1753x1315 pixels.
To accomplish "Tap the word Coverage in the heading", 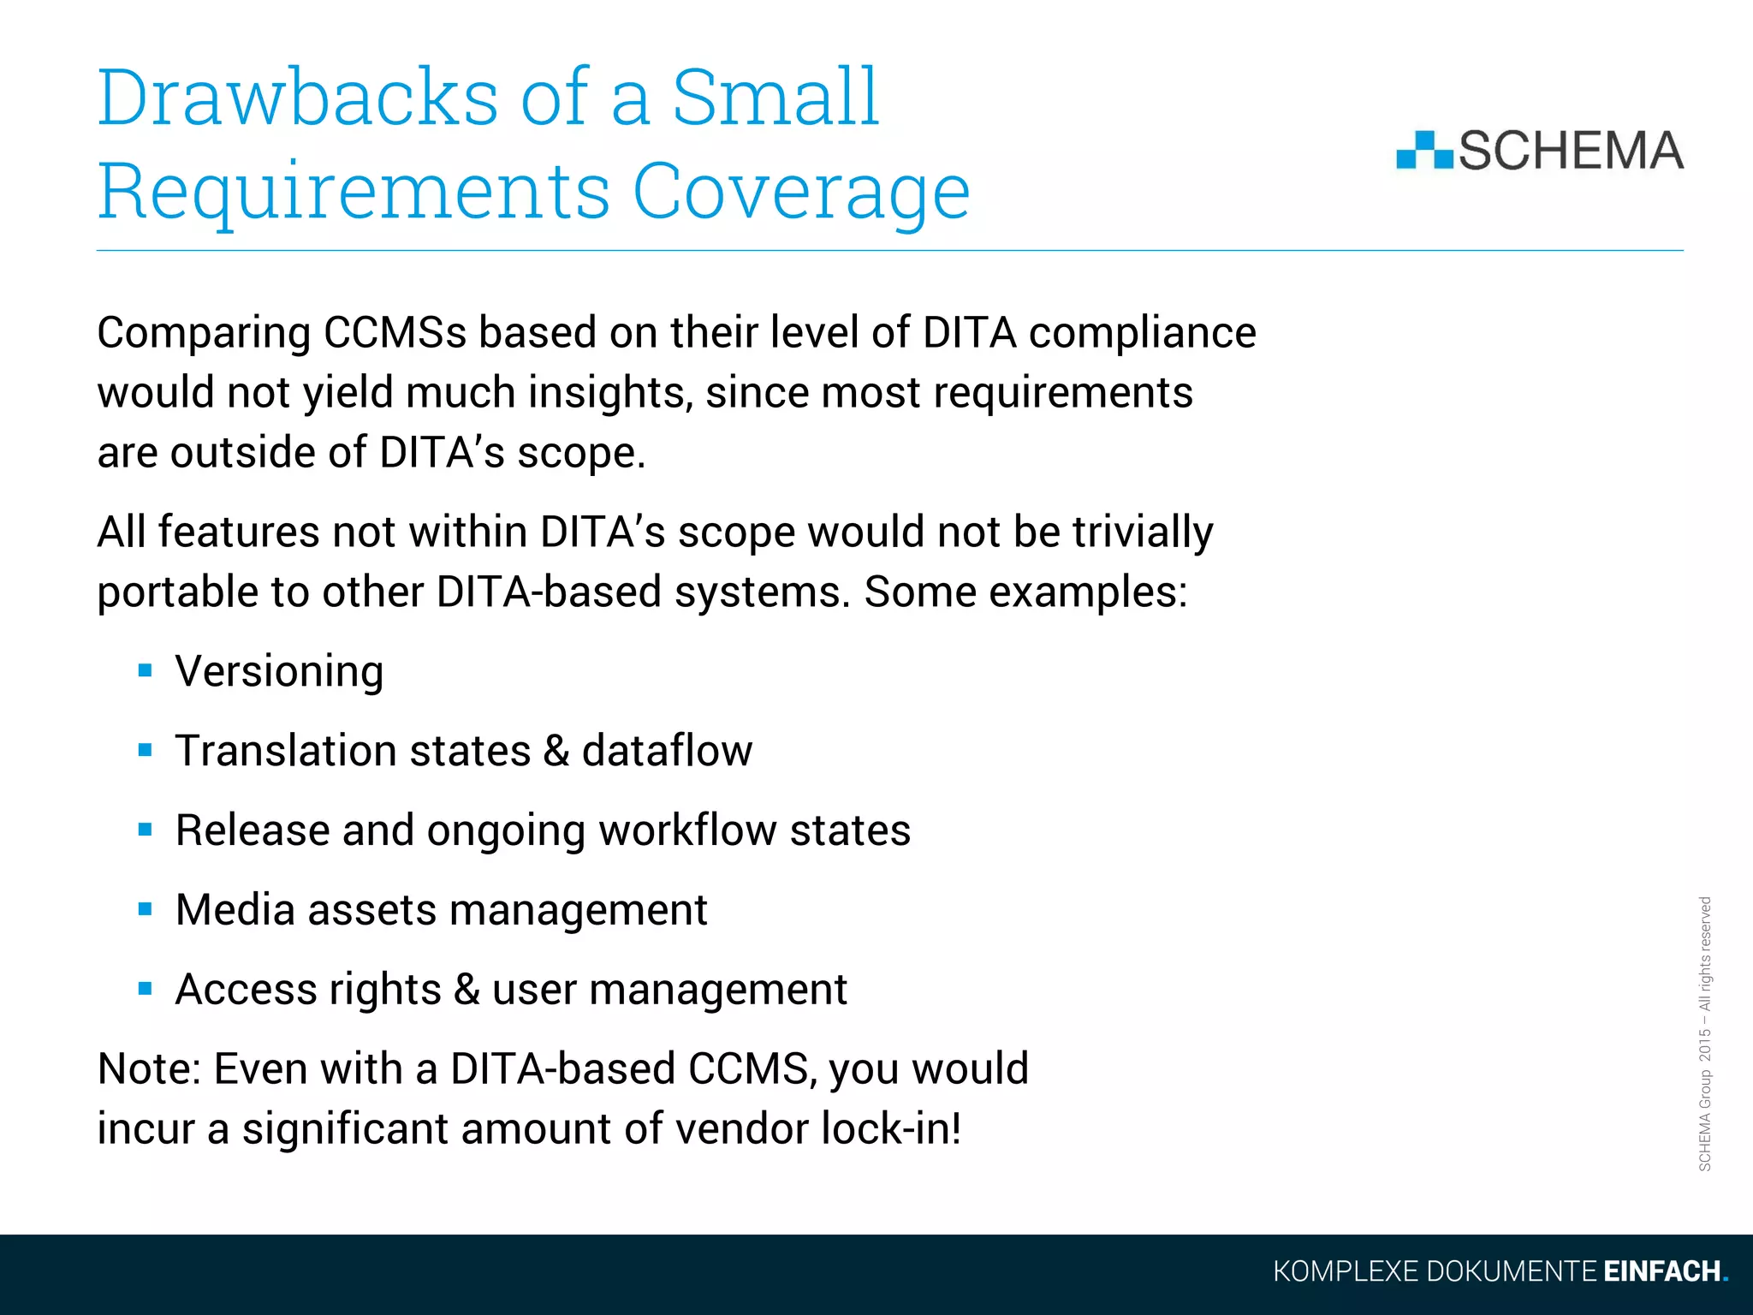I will coord(800,193).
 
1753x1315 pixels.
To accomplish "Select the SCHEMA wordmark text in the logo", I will coord(1571,151).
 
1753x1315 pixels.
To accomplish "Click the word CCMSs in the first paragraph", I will coord(395,333).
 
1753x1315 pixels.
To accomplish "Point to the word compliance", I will coord(1142,333).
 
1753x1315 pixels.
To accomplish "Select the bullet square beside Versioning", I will coord(145,670).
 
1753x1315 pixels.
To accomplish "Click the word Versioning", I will coord(279,671).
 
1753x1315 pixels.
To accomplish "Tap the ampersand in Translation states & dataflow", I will coord(556,751).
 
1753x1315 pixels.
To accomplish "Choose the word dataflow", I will coord(667,751).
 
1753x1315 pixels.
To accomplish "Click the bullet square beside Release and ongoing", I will coord(145,830).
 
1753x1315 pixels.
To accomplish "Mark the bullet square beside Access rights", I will coord(145,989).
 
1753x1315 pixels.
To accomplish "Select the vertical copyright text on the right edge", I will coord(1704,1033).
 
